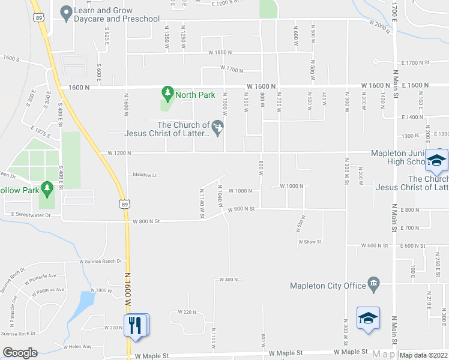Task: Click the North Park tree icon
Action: (167, 93)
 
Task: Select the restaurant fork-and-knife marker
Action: (136, 326)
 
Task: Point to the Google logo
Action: (19, 353)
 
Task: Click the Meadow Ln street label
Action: (145, 175)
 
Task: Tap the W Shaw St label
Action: (310, 242)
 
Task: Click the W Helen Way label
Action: (77, 346)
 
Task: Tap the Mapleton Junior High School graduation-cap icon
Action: (436, 160)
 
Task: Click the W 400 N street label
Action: (229, 280)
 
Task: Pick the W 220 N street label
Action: (187, 312)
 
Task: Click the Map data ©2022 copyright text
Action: (424, 355)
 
